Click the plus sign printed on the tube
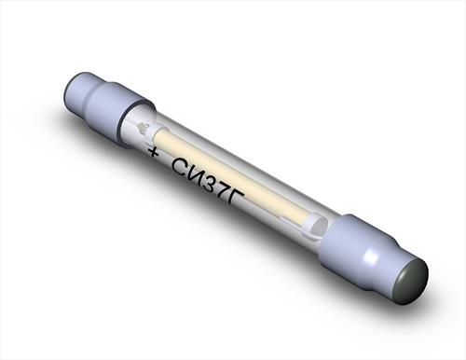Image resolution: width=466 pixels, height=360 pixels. [x=153, y=152]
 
